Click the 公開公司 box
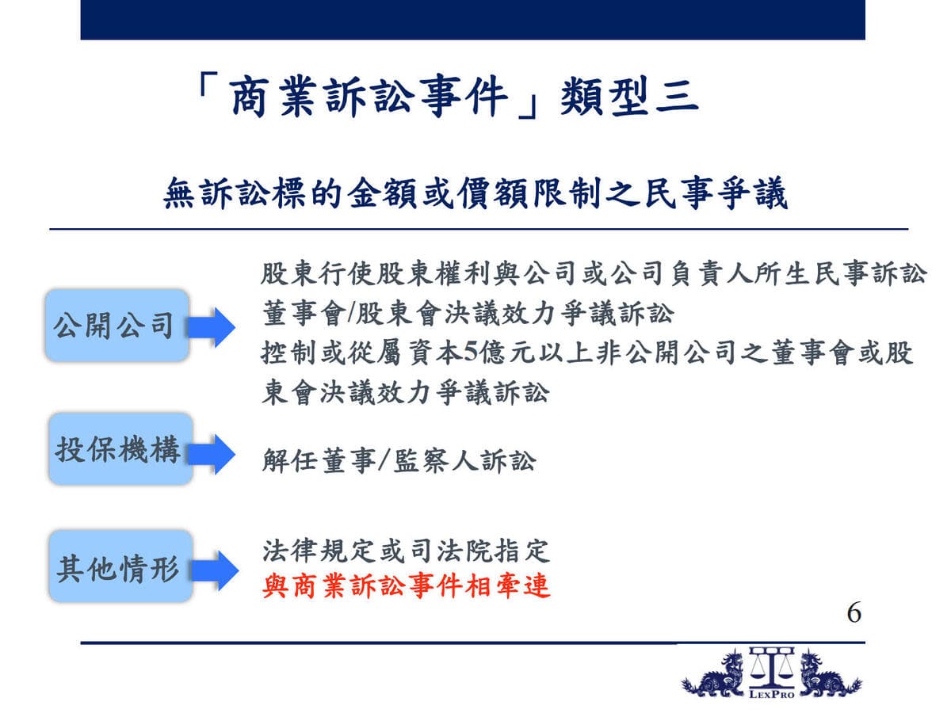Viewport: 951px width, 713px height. pos(116,326)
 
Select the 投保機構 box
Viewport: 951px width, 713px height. pos(120,449)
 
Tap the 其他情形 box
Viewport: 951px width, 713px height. pos(120,566)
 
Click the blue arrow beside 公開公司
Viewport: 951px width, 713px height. pos(211,327)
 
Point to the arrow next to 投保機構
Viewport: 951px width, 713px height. pos(212,454)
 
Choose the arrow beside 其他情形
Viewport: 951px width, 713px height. pos(215,570)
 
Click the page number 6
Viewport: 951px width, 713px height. pos(854,613)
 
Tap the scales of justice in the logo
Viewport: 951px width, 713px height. pos(772,669)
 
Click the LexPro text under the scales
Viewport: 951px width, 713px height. pos(772,695)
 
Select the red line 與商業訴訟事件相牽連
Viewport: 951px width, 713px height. pos(407,586)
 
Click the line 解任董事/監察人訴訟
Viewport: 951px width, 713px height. pos(399,460)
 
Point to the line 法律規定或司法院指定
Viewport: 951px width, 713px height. pos(406,551)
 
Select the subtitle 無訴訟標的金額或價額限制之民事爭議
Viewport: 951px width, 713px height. pos(475,193)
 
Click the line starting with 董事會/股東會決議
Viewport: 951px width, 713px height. pos(468,314)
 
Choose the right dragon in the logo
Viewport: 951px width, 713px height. pos(829,676)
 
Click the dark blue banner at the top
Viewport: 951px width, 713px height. pos(472,20)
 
